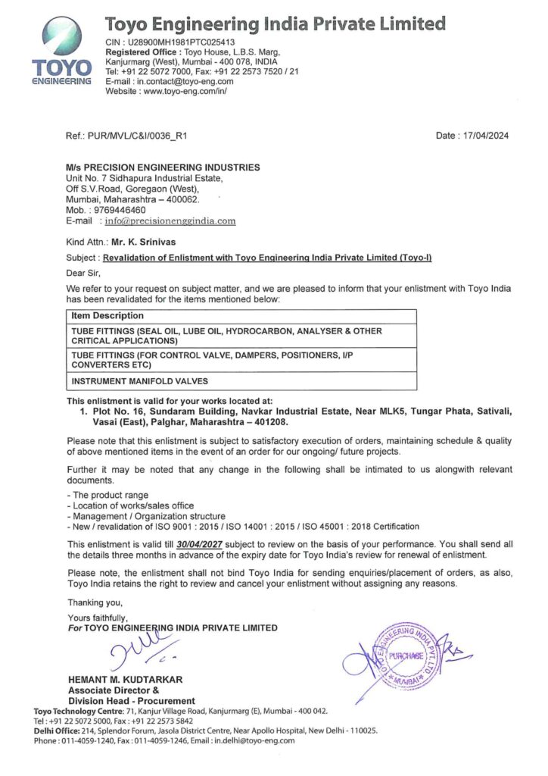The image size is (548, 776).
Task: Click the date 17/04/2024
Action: pos(484,136)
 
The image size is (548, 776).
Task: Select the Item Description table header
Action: pos(107,316)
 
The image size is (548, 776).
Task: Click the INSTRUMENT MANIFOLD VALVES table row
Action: pos(139,380)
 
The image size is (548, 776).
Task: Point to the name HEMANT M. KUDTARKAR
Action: pos(125,679)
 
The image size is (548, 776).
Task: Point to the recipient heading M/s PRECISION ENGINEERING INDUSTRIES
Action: pos(163,167)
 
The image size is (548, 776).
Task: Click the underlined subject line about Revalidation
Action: pos(266,258)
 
